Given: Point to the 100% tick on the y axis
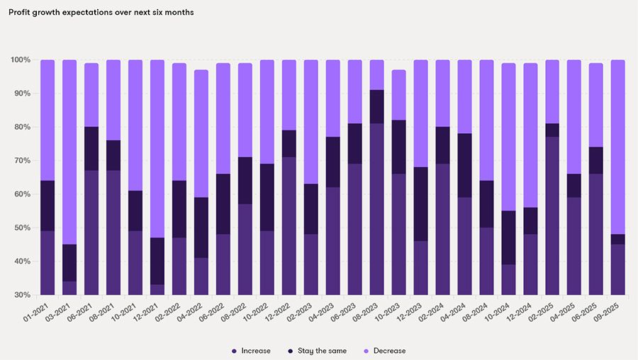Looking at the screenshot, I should pos(21,60).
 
